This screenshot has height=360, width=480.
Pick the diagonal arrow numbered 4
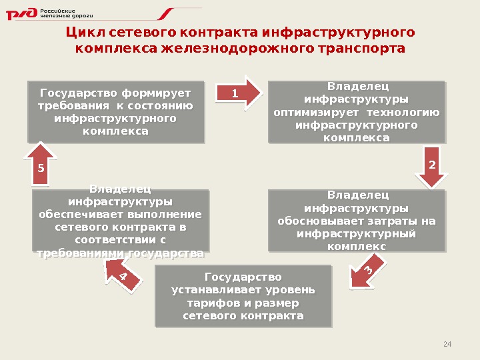click(124, 273)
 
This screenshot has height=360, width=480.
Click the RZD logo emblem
click(21, 14)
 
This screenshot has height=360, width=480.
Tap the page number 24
click(447, 344)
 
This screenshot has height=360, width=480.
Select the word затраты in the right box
click(397, 221)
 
